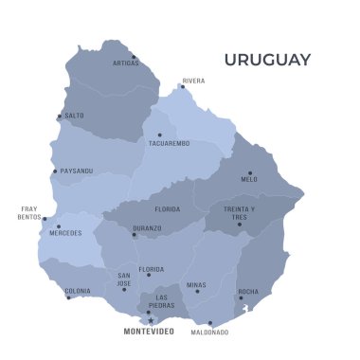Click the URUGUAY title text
pos(267,60)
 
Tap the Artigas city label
pos(126,63)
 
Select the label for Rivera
pos(193,81)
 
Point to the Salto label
pos(74,116)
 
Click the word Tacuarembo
pos(169,143)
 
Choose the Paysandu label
pos(77,171)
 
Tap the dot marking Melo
pos(250,172)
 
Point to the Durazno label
pos(147,227)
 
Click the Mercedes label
pos(66,233)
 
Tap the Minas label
pos(196,284)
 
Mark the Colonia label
pos(78,291)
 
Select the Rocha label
pos(248,292)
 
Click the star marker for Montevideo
pos(150,319)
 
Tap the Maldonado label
pos(208,333)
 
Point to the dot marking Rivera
pos(183,86)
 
